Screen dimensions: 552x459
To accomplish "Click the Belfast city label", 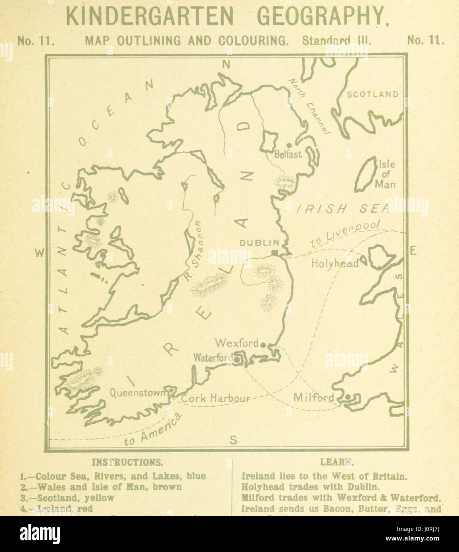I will click(x=288, y=154).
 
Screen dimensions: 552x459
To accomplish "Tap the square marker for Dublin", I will click(x=275, y=253).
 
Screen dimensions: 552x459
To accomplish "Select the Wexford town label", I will click(x=236, y=343).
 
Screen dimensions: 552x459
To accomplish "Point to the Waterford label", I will click(x=213, y=358).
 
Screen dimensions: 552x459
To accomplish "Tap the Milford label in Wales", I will click(x=313, y=398).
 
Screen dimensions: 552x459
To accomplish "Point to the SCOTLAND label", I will click(x=373, y=95).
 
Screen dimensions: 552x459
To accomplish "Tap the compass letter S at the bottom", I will click(x=233, y=440).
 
